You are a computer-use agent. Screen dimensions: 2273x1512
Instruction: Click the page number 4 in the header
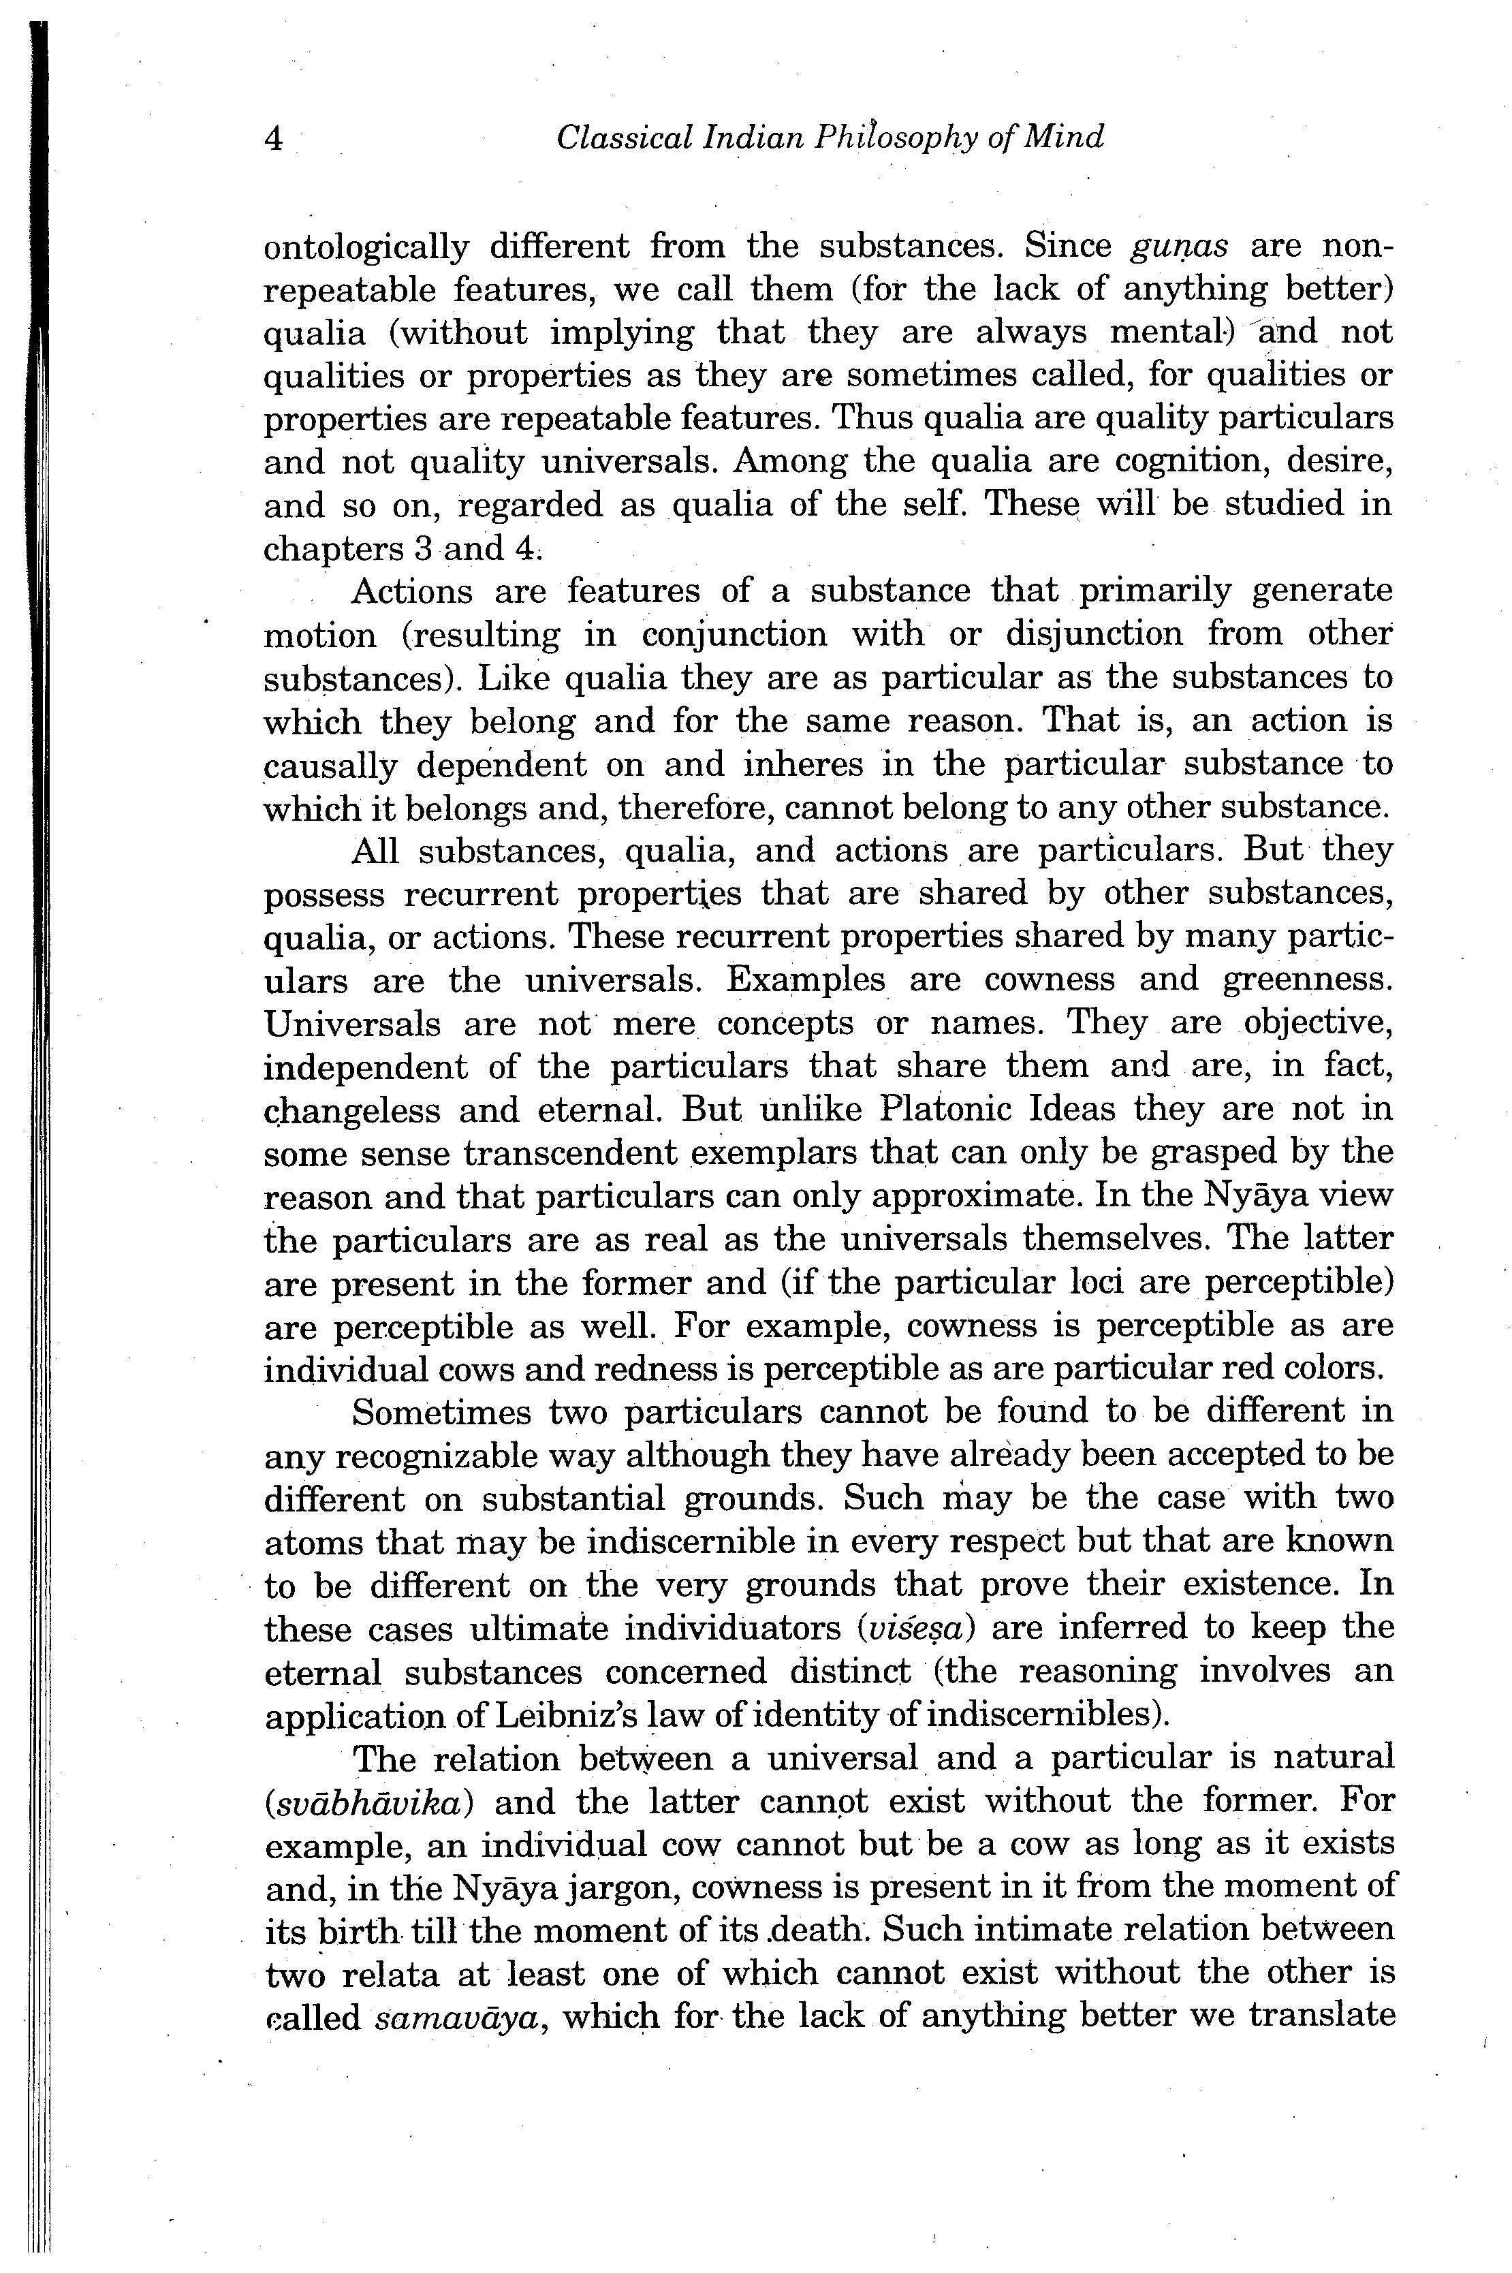click(274, 140)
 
